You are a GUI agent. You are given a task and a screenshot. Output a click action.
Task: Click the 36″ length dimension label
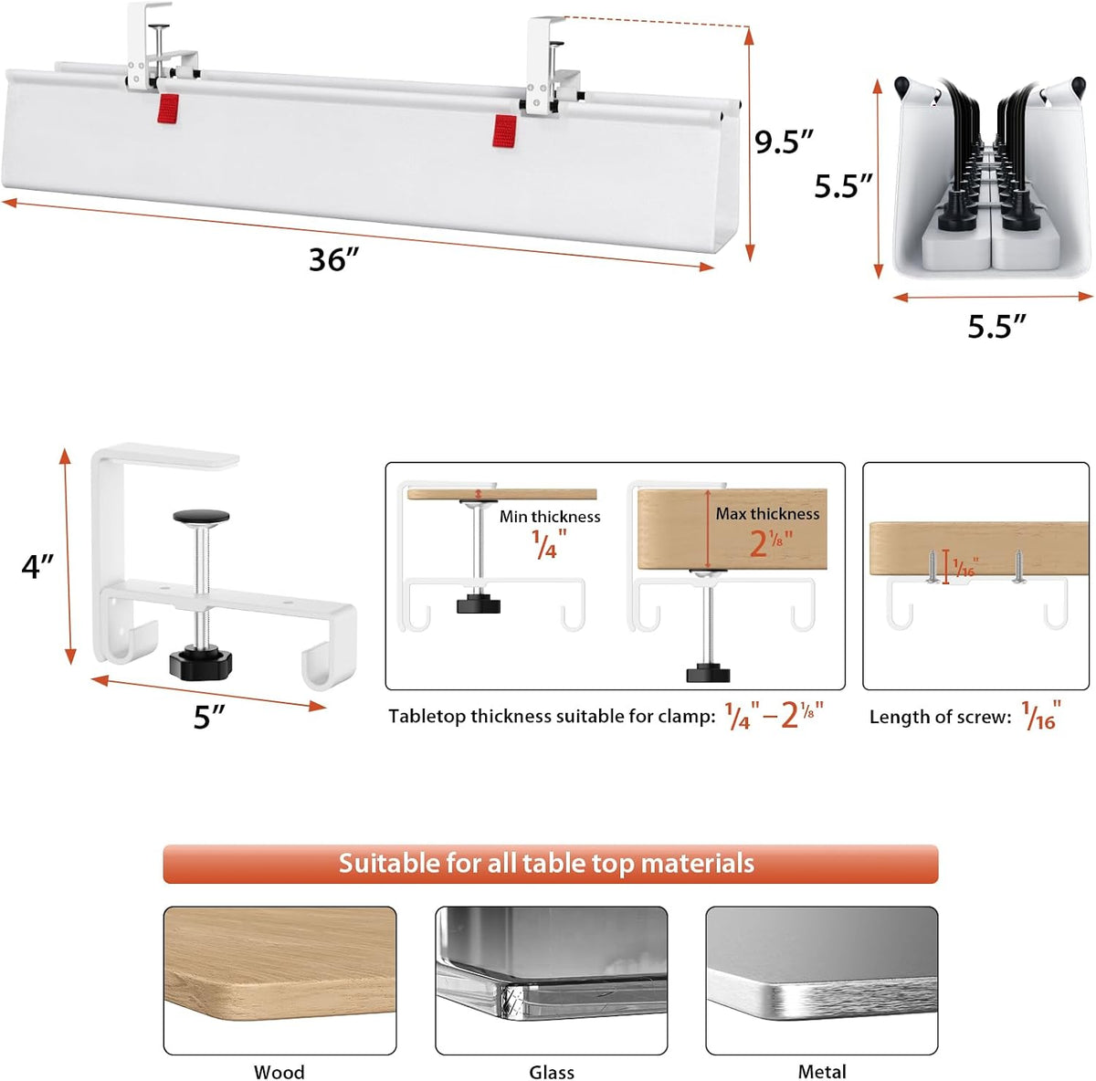pyautogui.click(x=334, y=259)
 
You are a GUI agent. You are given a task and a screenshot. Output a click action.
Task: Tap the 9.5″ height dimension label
pyautogui.click(x=785, y=142)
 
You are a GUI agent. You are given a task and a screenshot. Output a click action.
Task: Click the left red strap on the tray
pyautogui.click(x=168, y=109)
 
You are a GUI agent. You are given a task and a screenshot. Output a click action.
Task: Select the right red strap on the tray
pyautogui.click(x=504, y=131)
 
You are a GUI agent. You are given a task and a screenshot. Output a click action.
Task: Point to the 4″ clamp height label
pyautogui.click(x=37, y=566)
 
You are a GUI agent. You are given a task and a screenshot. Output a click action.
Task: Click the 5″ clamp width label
pyautogui.click(x=209, y=717)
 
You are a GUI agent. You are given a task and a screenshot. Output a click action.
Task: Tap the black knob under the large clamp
pyautogui.click(x=201, y=664)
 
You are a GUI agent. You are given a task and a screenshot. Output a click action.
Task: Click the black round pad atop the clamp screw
pyautogui.click(x=201, y=517)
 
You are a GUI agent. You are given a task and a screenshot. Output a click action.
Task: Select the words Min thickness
pyautogui.click(x=550, y=517)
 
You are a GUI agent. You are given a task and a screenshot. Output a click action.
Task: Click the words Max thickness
pyautogui.click(x=767, y=513)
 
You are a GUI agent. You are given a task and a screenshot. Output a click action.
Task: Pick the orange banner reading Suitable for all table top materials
pyautogui.click(x=551, y=864)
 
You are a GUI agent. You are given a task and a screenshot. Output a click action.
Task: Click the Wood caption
pyautogui.click(x=279, y=1072)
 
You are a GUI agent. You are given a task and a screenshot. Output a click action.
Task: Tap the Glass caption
pyautogui.click(x=552, y=1072)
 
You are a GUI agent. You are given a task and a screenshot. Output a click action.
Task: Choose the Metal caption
pyautogui.click(x=822, y=1071)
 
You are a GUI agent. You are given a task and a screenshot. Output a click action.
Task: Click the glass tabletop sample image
pyautogui.click(x=552, y=980)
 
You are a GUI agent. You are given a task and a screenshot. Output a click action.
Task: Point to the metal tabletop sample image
pyautogui.click(x=822, y=980)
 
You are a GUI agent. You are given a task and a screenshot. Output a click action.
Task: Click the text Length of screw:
pyautogui.click(x=940, y=717)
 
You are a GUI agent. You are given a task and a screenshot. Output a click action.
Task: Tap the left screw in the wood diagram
pyautogui.click(x=932, y=567)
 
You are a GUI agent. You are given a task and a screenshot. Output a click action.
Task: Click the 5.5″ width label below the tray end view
pyautogui.click(x=997, y=327)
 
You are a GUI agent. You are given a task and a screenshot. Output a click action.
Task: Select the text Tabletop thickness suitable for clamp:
pyautogui.click(x=552, y=717)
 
